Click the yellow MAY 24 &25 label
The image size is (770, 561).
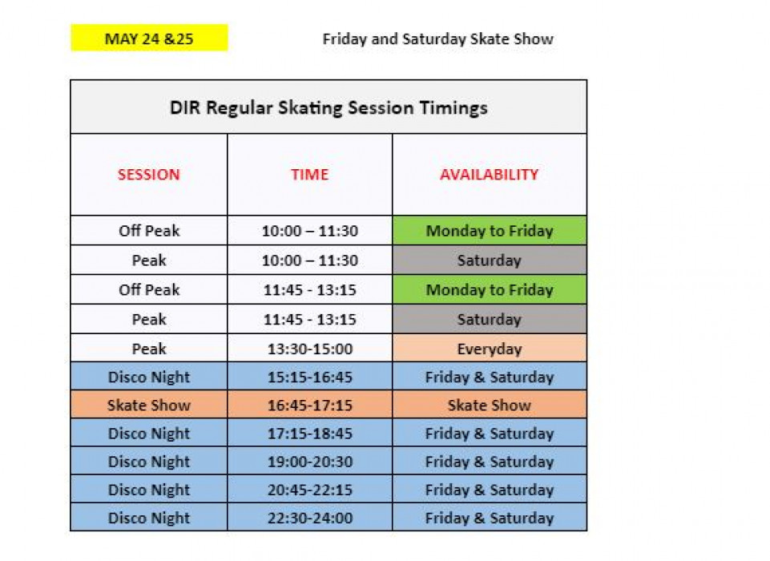pos(149,38)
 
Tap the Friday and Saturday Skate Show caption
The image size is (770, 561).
pos(437,38)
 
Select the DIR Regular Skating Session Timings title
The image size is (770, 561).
pos(329,107)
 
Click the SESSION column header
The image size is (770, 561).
pos(149,175)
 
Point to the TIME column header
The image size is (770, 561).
pos(309,175)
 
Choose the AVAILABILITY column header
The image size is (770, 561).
pos(489,175)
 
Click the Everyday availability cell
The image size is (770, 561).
pos(489,349)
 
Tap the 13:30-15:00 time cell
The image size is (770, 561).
pos(309,349)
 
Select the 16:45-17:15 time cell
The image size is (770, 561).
pos(309,406)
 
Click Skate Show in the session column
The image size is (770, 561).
pos(149,406)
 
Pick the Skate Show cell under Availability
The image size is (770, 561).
pos(489,406)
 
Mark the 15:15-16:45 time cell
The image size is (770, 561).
pos(309,377)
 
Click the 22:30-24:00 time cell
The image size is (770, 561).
pos(309,518)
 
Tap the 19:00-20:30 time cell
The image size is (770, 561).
pos(309,462)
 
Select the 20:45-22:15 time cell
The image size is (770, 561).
pos(309,490)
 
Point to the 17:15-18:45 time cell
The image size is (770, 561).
pos(309,434)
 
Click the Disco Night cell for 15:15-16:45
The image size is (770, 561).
pos(149,377)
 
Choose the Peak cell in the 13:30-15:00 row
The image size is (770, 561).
pos(149,349)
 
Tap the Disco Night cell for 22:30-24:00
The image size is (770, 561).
pos(149,518)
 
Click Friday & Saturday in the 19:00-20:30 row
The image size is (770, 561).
pos(489,462)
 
